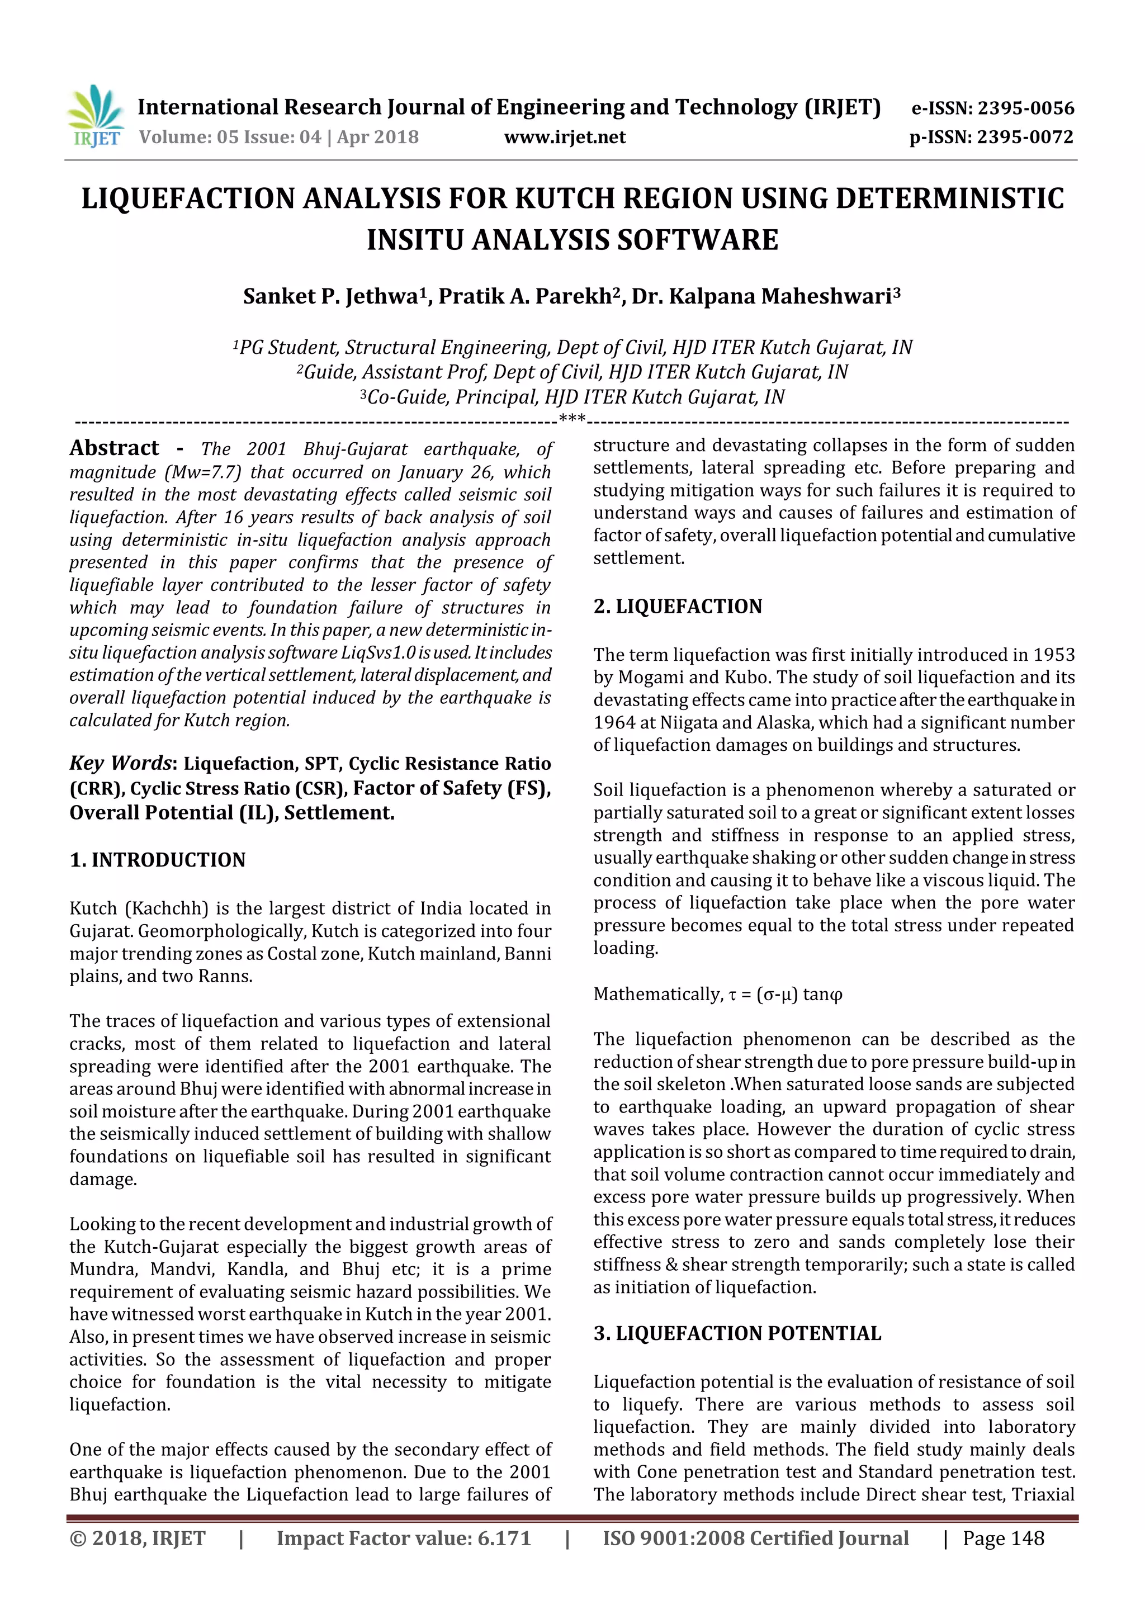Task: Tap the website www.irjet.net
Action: (564, 137)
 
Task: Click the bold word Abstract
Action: (114, 448)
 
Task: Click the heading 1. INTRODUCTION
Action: (157, 860)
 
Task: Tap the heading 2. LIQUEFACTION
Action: (678, 607)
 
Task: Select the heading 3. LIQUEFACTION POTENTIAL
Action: (737, 1333)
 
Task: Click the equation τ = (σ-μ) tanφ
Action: (786, 994)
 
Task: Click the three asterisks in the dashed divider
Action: (572, 419)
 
